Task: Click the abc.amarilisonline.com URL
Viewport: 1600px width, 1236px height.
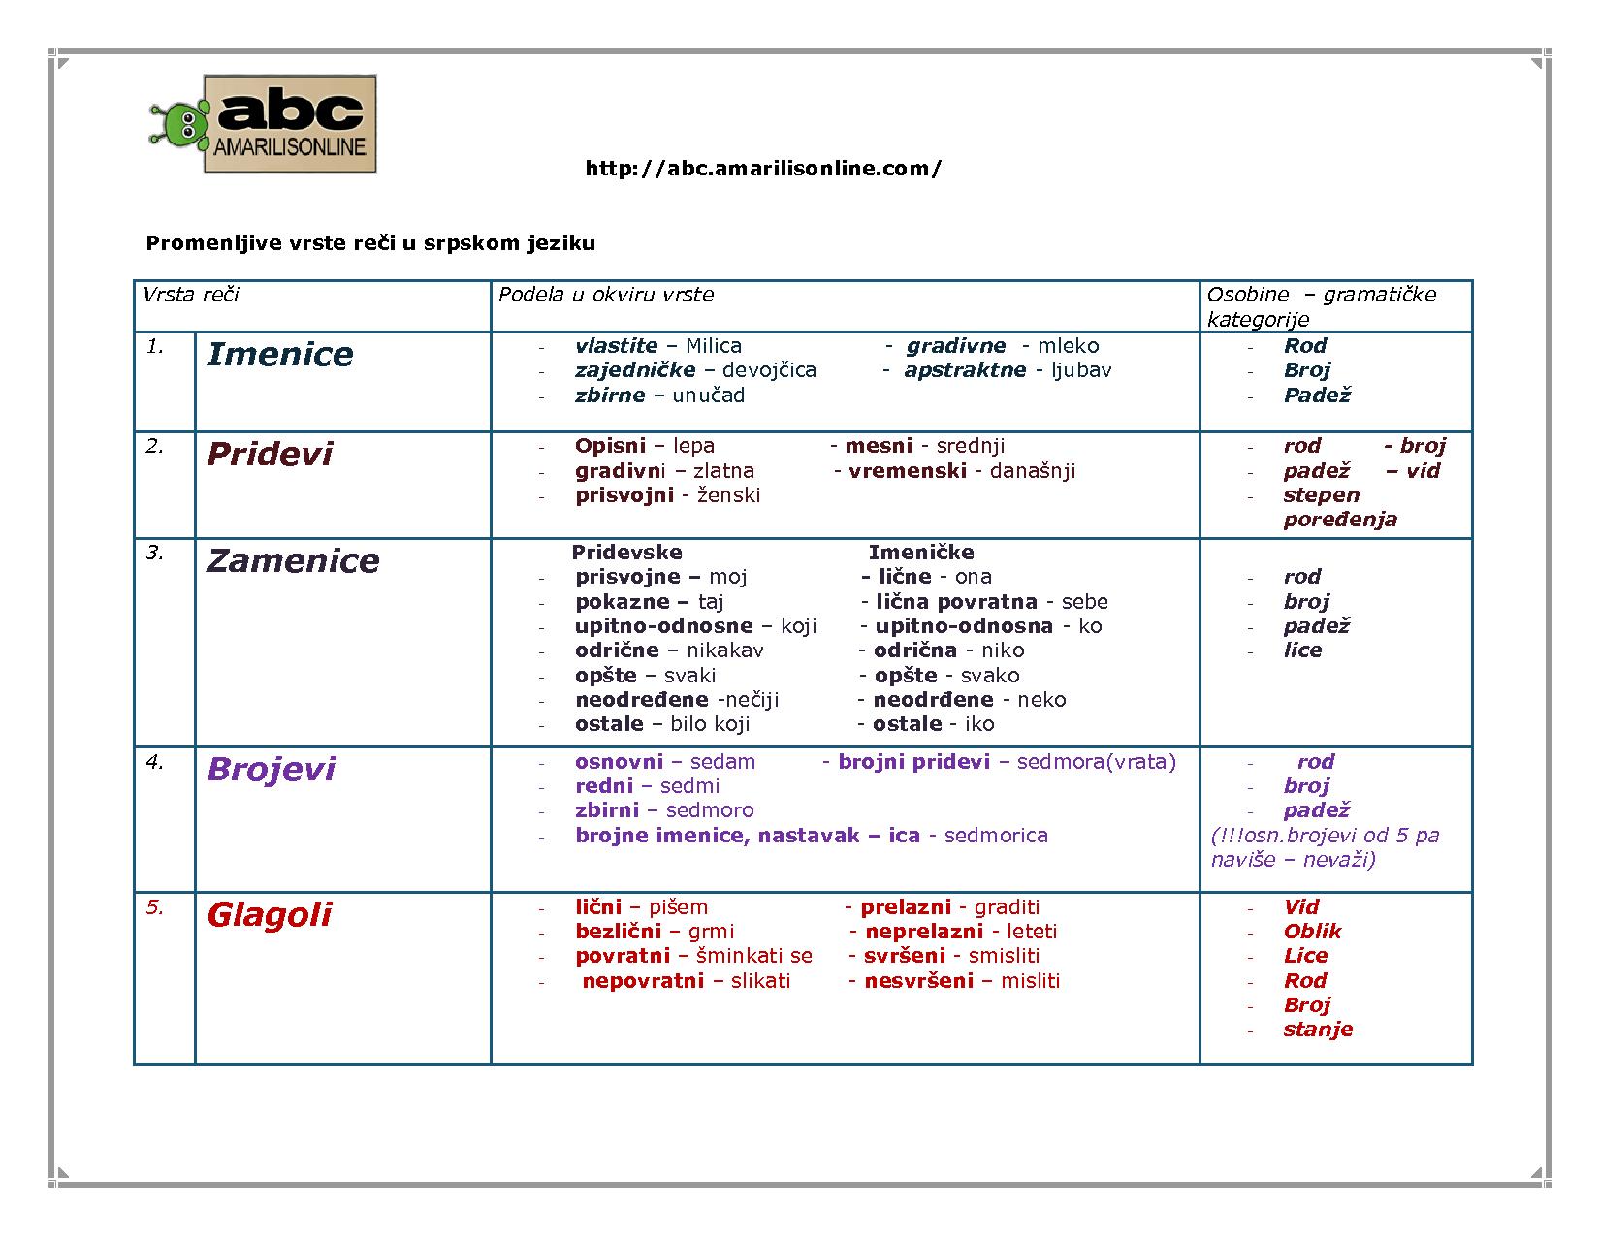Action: coord(762,169)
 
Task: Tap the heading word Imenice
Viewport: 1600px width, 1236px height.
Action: coord(279,355)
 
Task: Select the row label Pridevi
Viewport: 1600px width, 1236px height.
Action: coord(269,455)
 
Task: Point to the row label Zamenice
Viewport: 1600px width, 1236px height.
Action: coord(292,561)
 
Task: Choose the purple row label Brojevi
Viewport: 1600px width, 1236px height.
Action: coord(271,770)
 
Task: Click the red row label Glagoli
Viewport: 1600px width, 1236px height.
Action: coord(269,915)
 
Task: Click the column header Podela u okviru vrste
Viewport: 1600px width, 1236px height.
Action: coord(605,295)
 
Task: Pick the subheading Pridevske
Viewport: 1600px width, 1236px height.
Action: coord(626,553)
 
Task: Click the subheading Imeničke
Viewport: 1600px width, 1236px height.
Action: coord(920,553)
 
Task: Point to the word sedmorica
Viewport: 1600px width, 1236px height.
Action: coord(995,836)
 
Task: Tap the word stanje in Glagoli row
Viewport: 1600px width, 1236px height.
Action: coord(1317,1030)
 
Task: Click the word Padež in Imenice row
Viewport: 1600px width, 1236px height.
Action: coord(1317,396)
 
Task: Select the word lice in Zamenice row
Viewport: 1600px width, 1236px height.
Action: coord(1302,650)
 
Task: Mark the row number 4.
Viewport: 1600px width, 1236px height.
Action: coord(155,762)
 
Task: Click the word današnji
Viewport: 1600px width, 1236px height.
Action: coord(1025,471)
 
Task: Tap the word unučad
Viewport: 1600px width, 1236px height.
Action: coord(708,396)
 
